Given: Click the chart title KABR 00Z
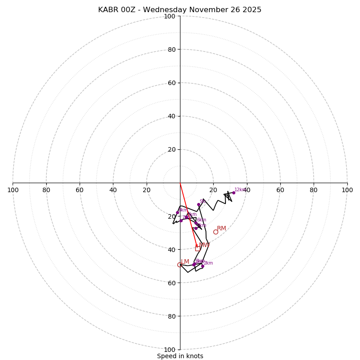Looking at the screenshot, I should pos(180,10).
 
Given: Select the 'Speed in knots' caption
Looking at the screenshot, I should pos(180,356).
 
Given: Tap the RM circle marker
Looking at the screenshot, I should pos(216,232).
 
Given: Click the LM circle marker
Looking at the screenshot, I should pos(180,265).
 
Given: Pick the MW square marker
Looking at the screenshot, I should pos(198,248).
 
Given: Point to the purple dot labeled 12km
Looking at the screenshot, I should pos(234,193).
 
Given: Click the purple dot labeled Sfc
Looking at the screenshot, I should pos(198,205).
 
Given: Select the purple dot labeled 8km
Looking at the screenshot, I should pos(177,213).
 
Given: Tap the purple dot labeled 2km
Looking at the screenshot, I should pos(202,266).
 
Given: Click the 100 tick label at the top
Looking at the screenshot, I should pos(170,16).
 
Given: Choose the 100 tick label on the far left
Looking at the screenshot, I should pos(13,190).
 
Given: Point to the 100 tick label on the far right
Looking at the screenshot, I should pos(347,190).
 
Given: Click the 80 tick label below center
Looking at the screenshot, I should pos(171,316).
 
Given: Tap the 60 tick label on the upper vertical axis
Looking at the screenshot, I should pos(171,83).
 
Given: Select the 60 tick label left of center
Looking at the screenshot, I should pos(80,190).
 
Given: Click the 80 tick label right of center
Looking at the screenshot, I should pos(314,190).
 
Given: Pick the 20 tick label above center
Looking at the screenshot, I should pos(171,149).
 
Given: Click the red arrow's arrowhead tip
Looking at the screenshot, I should pos(197,247).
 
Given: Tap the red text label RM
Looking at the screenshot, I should pos(221,229).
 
